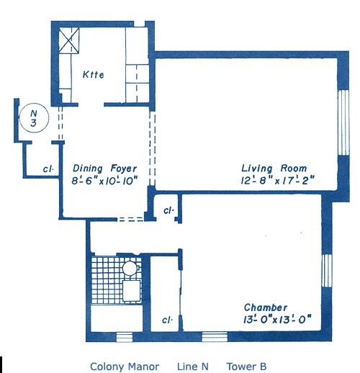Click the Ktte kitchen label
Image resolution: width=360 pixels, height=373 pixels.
(x=94, y=75)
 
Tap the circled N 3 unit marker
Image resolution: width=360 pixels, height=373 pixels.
(x=35, y=118)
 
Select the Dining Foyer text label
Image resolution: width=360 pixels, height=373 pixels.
(x=104, y=168)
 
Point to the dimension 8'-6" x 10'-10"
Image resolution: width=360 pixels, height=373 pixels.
(x=104, y=181)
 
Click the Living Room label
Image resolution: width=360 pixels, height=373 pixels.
(x=274, y=168)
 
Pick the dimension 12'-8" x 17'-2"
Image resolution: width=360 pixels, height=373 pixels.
(x=277, y=181)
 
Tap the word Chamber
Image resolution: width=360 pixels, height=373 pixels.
(x=266, y=307)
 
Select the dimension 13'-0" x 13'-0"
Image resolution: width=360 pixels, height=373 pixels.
(x=277, y=320)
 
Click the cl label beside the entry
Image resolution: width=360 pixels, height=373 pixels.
(x=48, y=169)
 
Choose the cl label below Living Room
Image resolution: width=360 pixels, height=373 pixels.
(x=168, y=210)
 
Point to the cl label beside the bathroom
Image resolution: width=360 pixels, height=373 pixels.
(x=168, y=320)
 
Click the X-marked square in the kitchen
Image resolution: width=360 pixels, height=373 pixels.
(x=69, y=40)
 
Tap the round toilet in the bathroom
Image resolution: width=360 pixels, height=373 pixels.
(x=130, y=268)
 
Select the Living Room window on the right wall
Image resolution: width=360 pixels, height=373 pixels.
(x=343, y=122)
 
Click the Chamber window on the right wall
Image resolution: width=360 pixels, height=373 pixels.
(x=327, y=271)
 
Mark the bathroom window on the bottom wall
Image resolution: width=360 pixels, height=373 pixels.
(x=125, y=337)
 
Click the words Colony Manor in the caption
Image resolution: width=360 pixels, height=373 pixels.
(x=125, y=367)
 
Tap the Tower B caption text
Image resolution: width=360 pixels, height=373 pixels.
(x=246, y=367)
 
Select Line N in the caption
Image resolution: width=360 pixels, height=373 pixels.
(x=193, y=367)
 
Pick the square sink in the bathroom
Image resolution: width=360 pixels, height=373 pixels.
(x=131, y=291)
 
